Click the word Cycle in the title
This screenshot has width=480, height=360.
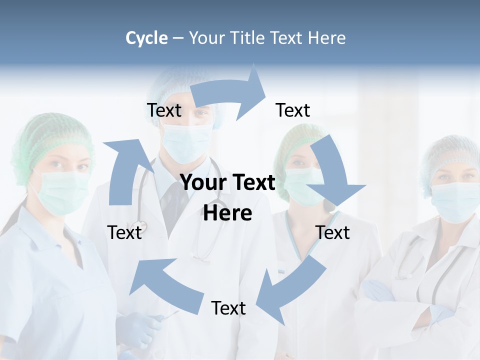click(146, 38)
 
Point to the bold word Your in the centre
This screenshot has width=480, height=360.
click(202, 183)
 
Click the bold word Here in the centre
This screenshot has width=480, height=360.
click(227, 213)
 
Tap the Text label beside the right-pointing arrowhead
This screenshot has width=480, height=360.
click(293, 110)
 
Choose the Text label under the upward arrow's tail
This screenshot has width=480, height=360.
click(124, 232)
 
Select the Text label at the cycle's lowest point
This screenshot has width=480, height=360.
click(228, 308)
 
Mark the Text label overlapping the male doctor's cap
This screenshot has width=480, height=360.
click(164, 110)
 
